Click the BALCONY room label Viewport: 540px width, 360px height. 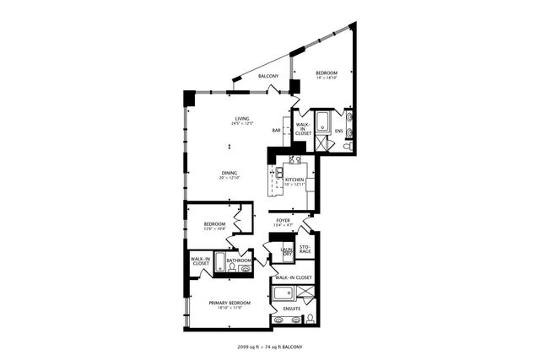[268, 77]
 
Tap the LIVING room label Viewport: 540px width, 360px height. [242, 120]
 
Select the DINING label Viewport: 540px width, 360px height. [229, 173]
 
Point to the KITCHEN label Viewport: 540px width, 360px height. [294, 180]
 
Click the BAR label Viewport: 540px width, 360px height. [276, 131]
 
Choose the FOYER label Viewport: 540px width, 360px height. [283, 221]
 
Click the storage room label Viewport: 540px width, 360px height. [305, 250]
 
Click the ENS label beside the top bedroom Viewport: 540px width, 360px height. [338, 131]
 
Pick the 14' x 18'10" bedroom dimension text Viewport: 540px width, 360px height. [327, 78]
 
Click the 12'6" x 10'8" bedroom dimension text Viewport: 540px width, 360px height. [213, 228]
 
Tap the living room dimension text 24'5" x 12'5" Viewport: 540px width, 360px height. [242, 125]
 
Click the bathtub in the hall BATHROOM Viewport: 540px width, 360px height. [219, 263]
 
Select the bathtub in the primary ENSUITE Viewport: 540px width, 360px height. [283, 295]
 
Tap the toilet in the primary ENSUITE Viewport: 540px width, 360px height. [310, 320]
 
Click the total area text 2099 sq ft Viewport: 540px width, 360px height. [251, 347]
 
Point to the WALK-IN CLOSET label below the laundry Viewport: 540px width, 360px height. [293, 277]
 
